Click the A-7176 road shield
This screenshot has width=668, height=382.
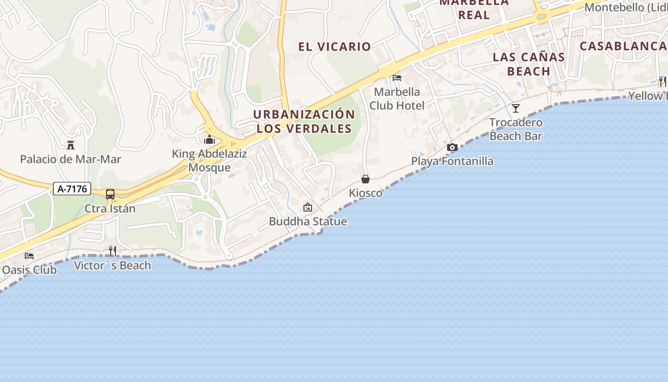[x=72, y=189]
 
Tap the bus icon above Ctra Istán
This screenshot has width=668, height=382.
[x=110, y=194]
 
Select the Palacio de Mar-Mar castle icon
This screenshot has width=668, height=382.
[x=71, y=145]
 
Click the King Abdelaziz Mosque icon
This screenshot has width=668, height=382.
[x=209, y=140]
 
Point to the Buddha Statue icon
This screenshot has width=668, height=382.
[x=308, y=207]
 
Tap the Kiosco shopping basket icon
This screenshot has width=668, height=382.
[x=365, y=179]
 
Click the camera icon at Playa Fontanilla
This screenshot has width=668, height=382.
[x=452, y=147]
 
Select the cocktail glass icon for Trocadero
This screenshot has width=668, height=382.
[x=516, y=108]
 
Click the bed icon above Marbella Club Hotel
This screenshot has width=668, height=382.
[x=397, y=77]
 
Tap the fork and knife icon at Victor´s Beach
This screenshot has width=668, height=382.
[x=113, y=251]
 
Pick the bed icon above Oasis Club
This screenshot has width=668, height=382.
[x=29, y=255]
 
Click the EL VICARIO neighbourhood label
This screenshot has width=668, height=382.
[x=334, y=47]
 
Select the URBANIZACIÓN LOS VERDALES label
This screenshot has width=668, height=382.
[x=304, y=121]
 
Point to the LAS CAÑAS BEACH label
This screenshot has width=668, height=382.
[x=529, y=64]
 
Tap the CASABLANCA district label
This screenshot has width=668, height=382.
[x=623, y=46]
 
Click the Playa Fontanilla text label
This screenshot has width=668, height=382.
[x=452, y=161]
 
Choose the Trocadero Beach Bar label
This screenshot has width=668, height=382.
[x=516, y=129]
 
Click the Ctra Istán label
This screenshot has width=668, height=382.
[x=110, y=209]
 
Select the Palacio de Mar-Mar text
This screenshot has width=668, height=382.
[x=71, y=159]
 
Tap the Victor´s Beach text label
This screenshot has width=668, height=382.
[x=113, y=265]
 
